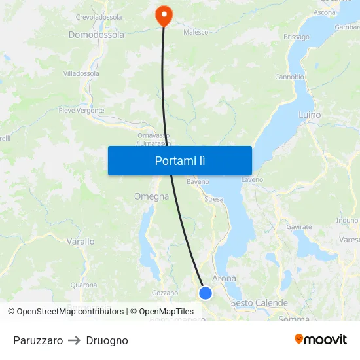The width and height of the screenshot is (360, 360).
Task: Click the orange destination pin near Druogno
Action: point(162,16)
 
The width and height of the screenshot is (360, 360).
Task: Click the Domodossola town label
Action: point(96,35)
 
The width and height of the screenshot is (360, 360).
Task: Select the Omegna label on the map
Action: point(151,196)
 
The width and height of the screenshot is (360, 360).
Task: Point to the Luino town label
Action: point(310,115)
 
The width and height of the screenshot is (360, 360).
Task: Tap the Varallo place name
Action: point(81,242)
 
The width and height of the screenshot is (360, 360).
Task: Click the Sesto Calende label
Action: point(259,303)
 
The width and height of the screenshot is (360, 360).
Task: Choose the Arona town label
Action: point(225,278)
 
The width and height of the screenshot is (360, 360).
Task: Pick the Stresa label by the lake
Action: point(213,199)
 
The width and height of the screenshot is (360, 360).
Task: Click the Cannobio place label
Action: point(289,77)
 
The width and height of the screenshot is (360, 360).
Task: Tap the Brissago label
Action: point(297,37)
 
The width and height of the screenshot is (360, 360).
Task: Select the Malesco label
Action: point(196,31)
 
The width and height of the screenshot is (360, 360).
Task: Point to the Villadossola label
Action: point(81,73)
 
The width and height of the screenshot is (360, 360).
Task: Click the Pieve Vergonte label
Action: point(82,111)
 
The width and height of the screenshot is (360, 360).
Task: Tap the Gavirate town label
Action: point(299,226)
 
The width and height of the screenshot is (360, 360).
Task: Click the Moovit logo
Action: point(320,339)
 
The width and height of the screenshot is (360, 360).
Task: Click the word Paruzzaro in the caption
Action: point(38,340)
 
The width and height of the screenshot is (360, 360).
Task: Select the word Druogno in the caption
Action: point(107,340)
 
